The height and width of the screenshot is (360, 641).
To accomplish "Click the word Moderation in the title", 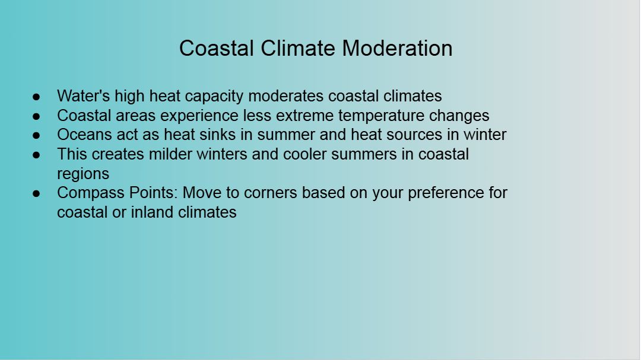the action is coord(397,48).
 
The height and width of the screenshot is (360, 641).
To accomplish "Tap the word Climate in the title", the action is coord(297,48).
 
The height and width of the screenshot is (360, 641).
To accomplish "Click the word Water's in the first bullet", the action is coord(84,96).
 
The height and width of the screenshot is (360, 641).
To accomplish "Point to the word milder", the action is coord(170,154).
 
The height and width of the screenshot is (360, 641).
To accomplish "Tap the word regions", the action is coord(83,174).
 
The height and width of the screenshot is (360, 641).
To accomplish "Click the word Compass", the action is coord(91,193).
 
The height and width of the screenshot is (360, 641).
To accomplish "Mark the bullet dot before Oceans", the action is coord(36,136).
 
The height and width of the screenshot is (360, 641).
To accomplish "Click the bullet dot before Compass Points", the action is coord(36,194).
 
